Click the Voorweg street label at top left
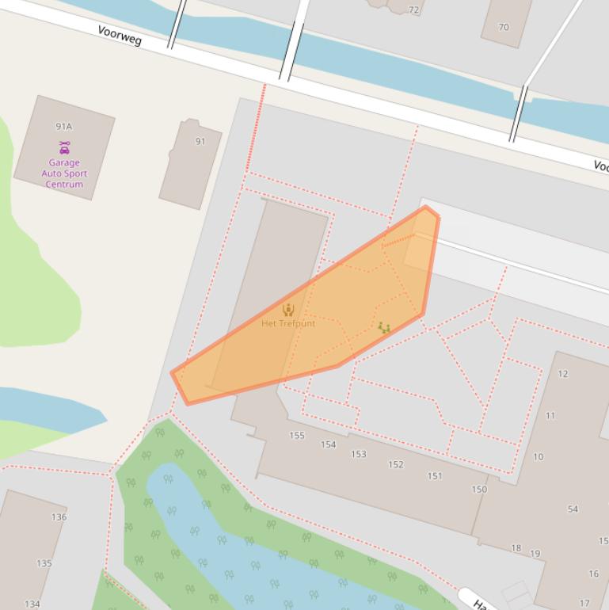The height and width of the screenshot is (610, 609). (120, 35)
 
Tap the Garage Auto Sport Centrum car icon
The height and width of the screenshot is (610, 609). (64, 147)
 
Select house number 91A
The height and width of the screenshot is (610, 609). (64, 127)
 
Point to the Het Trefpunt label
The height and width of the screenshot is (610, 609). (288, 323)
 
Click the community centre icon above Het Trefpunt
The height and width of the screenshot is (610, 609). (288, 310)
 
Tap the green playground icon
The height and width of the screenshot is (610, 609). (384, 327)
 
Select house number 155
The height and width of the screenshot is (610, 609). (297, 436)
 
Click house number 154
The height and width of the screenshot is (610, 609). (328, 444)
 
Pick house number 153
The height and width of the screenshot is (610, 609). (359, 455)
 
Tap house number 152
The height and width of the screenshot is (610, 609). (396, 465)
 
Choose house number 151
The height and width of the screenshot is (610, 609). (435, 476)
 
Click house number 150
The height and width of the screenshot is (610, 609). (479, 490)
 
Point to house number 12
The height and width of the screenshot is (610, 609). (563, 374)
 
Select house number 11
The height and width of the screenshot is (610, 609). (550, 416)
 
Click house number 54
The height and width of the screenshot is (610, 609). (573, 509)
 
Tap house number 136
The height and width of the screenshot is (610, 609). (59, 517)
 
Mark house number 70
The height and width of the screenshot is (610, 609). (504, 27)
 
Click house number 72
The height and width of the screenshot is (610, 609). (413, 10)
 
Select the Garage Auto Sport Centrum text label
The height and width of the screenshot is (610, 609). (64, 173)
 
